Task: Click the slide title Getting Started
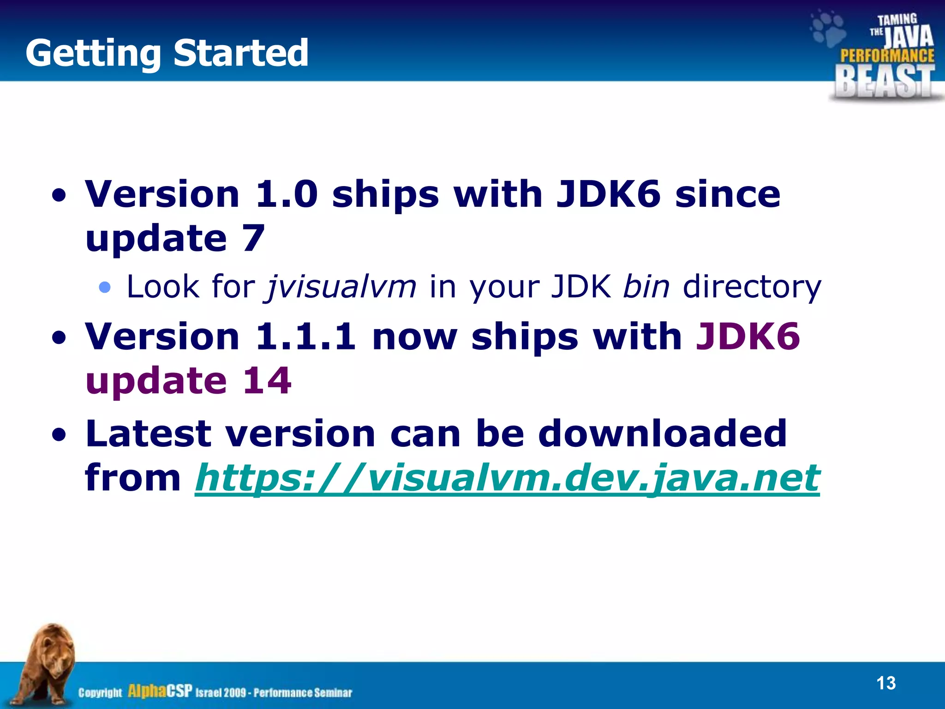[167, 53]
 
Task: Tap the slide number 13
[885, 683]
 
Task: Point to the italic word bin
[646, 287]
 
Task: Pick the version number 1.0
[286, 193]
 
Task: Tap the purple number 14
[267, 380]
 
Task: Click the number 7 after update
[253, 238]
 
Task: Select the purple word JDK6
[748, 336]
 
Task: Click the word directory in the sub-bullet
[752, 287]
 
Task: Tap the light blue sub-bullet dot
[105, 288]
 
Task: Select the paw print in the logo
[828, 29]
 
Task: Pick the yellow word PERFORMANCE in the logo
[887, 55]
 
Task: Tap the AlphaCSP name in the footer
[159, 691]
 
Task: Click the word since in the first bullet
[728, 193]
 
